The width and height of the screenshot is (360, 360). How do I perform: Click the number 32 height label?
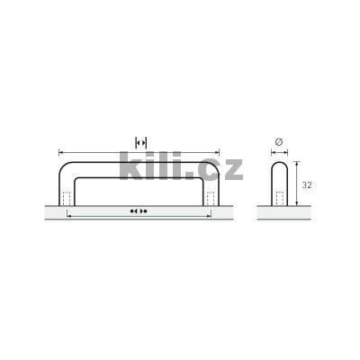tap(307, 185)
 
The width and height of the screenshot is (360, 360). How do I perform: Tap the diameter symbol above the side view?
tap(279, 142)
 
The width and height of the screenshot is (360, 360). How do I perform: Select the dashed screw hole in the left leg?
tap(67, 198)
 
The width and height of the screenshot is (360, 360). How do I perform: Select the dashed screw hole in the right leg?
tap(211, 198)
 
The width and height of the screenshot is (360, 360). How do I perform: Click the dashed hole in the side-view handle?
tap(280, 198)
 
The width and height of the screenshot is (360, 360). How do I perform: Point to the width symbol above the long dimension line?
tap(141, 142)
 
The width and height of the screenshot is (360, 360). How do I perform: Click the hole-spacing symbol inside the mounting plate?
tap(139, 211)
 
